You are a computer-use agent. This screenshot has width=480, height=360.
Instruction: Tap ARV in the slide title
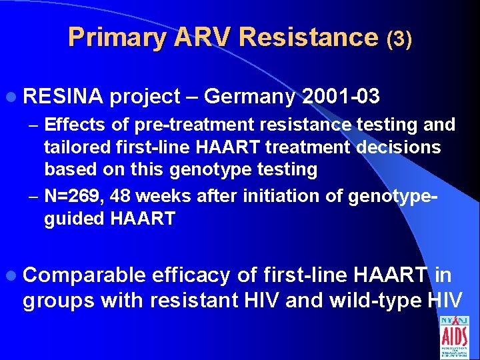(x=201, y=37)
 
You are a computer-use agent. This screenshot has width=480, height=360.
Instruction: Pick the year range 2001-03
(x=341, y=97)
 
